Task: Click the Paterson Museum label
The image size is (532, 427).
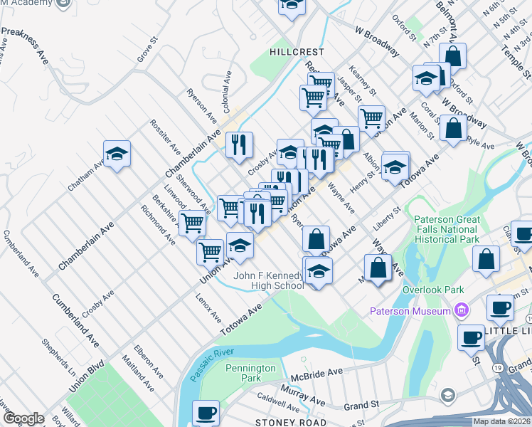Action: click(410, 311)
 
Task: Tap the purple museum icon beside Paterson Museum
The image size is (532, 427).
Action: click(462, 311)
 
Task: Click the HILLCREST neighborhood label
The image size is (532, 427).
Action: click(297, 52)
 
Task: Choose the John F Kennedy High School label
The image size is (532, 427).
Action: click(269, 280)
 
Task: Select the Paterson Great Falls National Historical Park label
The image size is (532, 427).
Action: click(447, 229)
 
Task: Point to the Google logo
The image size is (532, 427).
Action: click(23, 418)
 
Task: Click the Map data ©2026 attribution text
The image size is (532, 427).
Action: click(502, 421)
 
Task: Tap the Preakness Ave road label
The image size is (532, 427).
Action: click(25, 46)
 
